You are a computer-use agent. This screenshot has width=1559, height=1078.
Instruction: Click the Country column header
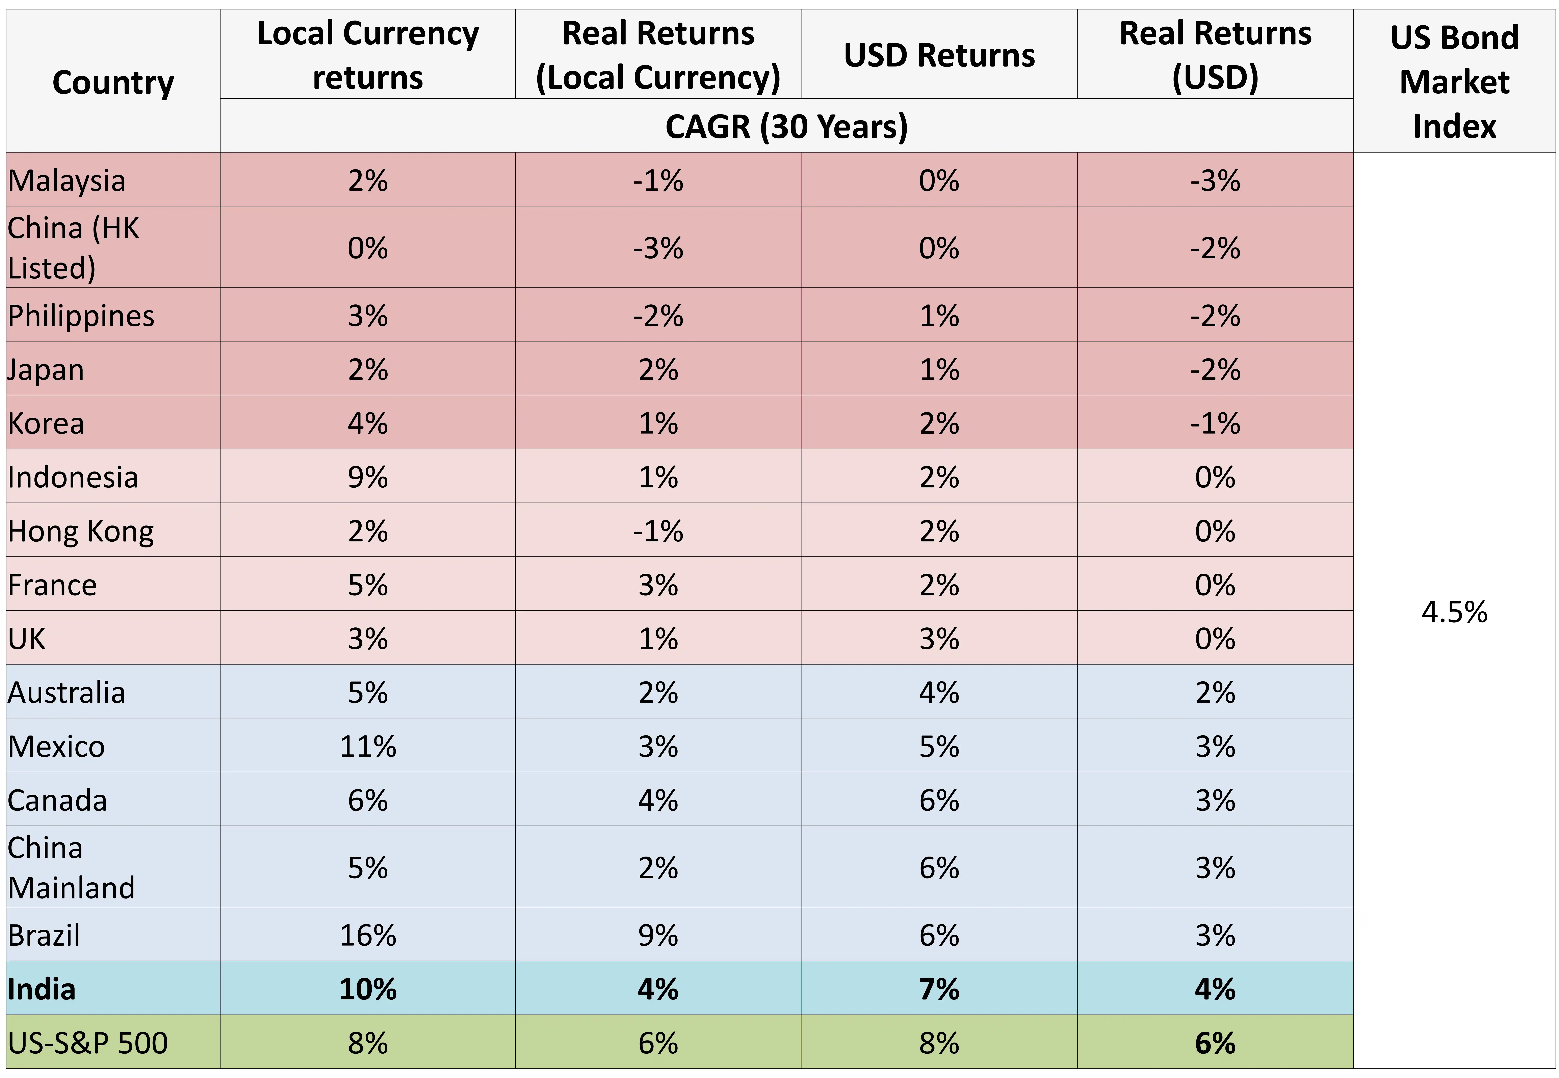click(113, 82)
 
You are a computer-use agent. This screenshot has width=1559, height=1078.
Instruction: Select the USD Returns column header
click(939, 55)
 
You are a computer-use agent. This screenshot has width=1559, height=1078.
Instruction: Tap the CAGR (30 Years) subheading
click(786, 126)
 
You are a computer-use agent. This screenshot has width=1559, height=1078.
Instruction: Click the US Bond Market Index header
click(1454, 81)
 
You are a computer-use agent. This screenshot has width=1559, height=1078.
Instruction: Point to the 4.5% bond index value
click(1454, 612)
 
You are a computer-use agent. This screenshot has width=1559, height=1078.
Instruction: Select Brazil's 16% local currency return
click(367, 936)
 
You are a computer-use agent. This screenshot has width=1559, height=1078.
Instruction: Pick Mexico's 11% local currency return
click(367, 746)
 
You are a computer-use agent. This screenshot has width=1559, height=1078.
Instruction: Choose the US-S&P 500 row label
click(88, 1043)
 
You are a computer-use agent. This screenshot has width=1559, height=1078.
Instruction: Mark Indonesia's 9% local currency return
click(367, 478)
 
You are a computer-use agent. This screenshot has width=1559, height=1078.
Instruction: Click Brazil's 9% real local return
click(658, 936)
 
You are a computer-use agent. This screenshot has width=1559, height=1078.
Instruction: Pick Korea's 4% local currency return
click(367, 424)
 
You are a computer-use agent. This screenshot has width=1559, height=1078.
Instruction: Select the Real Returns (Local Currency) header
click(658, 55)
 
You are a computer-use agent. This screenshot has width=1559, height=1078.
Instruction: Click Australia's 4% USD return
click(939, 692)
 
